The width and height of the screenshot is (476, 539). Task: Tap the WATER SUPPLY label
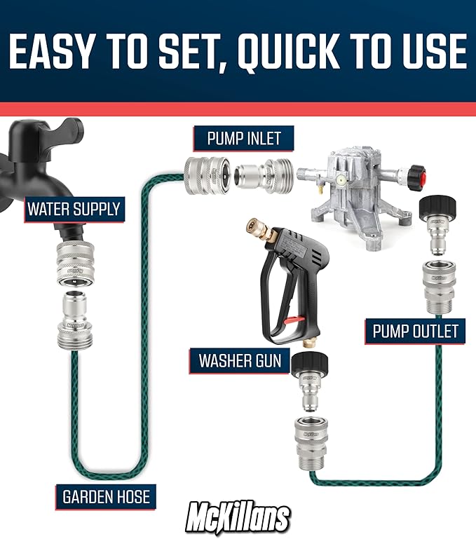click(74, 208)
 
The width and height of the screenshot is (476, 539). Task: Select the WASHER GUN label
click(240, 361)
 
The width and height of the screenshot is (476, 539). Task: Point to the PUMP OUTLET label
click(416, 330)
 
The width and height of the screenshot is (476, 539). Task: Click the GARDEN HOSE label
click(106, 497)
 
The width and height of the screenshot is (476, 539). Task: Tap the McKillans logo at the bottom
click(238, 519)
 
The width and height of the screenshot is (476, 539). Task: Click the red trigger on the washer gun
click(292, 320)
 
